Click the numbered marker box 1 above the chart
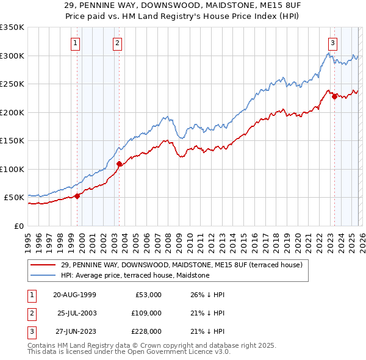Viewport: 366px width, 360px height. pyautogui.click(x=75, y=43)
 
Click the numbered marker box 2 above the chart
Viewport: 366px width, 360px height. pyautogui.click(x=117, y=43)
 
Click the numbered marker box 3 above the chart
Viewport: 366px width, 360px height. pyautogui.click(x=332, y=43)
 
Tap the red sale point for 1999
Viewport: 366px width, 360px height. pyautogui.click(x=77, y=196)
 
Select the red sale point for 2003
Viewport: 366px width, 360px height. pyautogui.click(x=120, y=164)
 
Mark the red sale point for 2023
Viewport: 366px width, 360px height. pyautogui.click(x=334, y=96)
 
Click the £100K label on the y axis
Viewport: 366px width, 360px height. pyautogui.click(x=12, y=169)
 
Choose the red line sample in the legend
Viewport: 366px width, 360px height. pyautogui.click(x=43, y=265)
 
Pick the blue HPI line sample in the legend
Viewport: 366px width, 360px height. pyautogui.click(x=43, y=275)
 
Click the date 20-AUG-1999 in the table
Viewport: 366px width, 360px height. pyautogui.click(x=74, y=295)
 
